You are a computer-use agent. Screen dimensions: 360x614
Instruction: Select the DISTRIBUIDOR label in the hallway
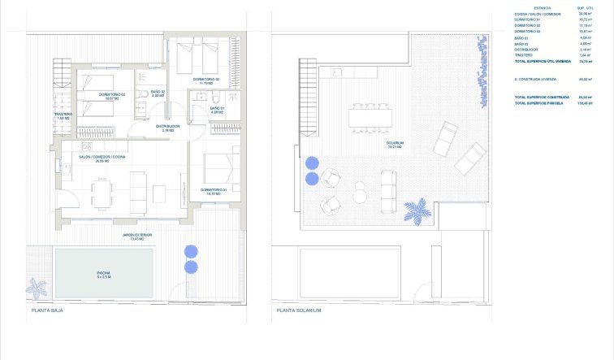click(x=167, y=126)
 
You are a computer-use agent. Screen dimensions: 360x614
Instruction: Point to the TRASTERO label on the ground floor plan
click(x=64, y=114)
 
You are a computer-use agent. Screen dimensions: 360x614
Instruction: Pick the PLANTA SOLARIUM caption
click(x=299, y=310)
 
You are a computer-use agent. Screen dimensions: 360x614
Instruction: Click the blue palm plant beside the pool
click(x=37, y=288)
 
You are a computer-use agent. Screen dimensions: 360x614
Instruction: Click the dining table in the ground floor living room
click(x=102, y=192)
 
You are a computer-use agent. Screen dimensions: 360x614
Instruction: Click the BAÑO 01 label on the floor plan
click(x=216, y=107)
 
